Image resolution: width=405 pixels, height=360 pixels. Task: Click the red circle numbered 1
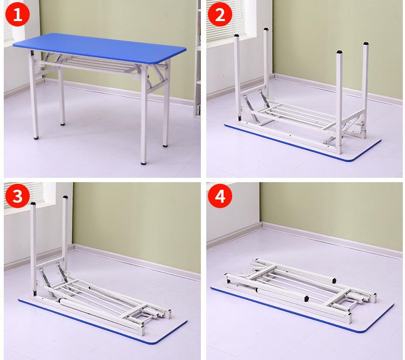point(18,14)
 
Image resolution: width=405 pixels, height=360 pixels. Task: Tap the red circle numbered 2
point(220,14)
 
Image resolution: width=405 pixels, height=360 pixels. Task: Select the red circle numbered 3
point(18,196)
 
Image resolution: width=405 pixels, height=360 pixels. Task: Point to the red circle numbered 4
point(220,196)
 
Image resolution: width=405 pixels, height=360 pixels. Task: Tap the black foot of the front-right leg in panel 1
point(144,163)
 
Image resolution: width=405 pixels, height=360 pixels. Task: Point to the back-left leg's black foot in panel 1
point(63,124)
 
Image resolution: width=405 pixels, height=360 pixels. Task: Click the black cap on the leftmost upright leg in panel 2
point(236,36)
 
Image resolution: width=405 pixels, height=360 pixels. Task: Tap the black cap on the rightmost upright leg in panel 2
point(366,44)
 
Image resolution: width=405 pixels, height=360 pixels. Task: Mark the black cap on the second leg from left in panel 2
point(266,29)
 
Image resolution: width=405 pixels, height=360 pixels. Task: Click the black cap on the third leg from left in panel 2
point(340,52)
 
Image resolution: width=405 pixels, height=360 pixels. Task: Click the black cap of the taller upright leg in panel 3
point(65,197)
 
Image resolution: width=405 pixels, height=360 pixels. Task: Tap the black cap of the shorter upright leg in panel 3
point(33,204)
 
